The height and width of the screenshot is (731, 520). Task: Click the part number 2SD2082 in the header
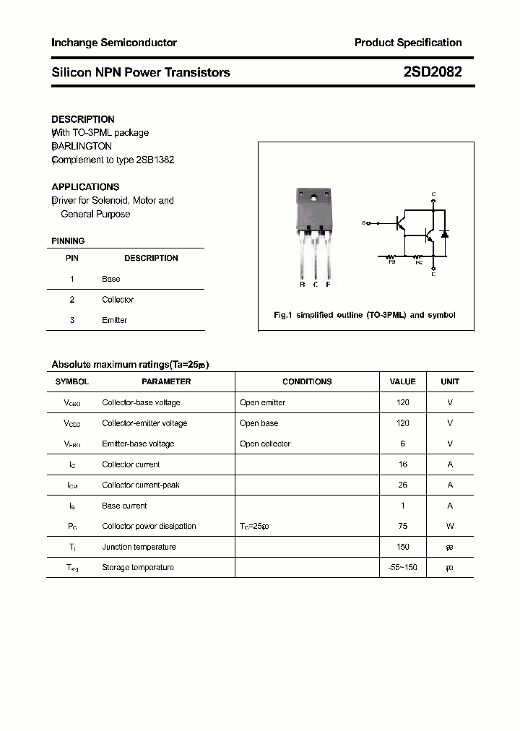pos(433,72)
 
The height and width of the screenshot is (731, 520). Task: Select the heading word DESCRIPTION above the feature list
pos(83,119)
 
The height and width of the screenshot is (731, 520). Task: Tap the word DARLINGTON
pos(82,146)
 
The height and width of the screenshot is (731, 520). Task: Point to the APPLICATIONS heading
pos(85,186)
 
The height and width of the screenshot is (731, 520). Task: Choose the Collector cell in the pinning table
pos(118,300)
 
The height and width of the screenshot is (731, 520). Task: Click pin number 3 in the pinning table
pos(72,320)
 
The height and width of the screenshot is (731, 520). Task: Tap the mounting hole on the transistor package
pos(314,197)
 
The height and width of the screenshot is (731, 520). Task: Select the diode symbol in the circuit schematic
pos(445,233)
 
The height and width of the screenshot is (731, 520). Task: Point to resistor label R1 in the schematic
pos(392,262)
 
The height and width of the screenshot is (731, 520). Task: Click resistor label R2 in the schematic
pos(419,262)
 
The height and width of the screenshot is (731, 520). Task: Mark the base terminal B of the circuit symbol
pos(365,223)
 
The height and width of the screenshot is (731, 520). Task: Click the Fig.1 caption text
pos(365,316)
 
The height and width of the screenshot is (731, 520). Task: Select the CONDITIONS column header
pos(307,381)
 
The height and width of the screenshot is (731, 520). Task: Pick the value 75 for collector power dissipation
pos(403,527)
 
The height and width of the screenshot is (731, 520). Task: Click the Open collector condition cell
pos(265,444)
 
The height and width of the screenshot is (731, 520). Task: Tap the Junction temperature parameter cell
pos(139,547)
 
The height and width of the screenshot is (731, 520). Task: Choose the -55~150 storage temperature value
pos(403,568)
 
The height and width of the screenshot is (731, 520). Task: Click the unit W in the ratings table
pos(450,527)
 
